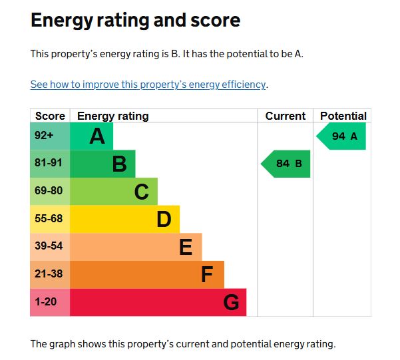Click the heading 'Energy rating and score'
[x=135, y=21]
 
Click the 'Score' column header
[x=50, y=116]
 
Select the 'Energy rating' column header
[x=113, y=116]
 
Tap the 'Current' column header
[x=285, y=116]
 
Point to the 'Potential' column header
[x=343, y=116]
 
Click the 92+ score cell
[x=44, y=136]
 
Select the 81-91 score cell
[x=47, y=163]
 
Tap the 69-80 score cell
[x=47, y=191]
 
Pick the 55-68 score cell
[x=47, y=219]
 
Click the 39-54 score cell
[x=47, y=246]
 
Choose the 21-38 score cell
[x=47, y=274]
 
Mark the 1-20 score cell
[x=45, y=302]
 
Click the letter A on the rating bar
[x=97, y=136]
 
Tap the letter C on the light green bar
[x=141, y=192]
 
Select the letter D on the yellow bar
[x=164, y=220]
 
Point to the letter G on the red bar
[x=230, y=303]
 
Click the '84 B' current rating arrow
[x=287, y=164]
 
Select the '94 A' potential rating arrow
[x=343, y=136]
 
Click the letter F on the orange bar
[x=208, y=275]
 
